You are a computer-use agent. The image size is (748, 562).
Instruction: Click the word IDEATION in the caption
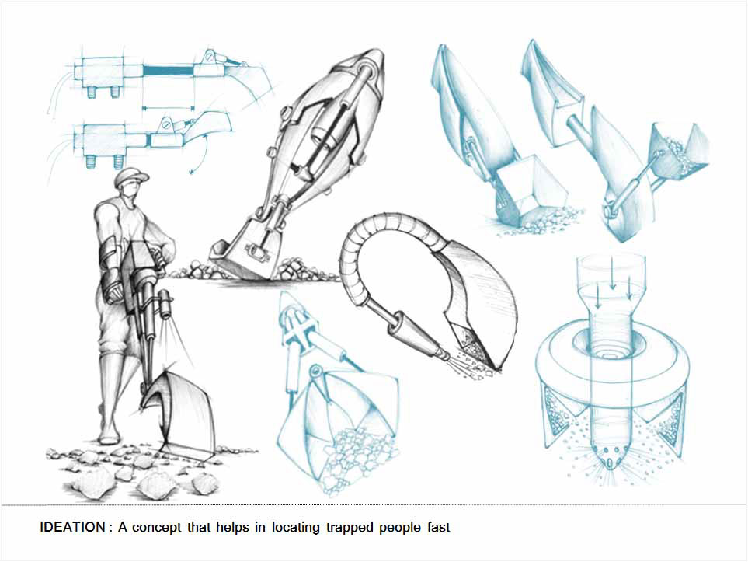pos(72,527)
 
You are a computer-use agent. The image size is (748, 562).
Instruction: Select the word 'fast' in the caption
pos(438,527)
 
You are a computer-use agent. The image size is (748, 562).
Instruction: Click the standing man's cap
pos(131,176)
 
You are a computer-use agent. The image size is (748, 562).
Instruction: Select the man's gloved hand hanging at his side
pos(111,288)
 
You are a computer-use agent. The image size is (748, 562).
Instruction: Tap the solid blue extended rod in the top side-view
pos(168,71)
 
